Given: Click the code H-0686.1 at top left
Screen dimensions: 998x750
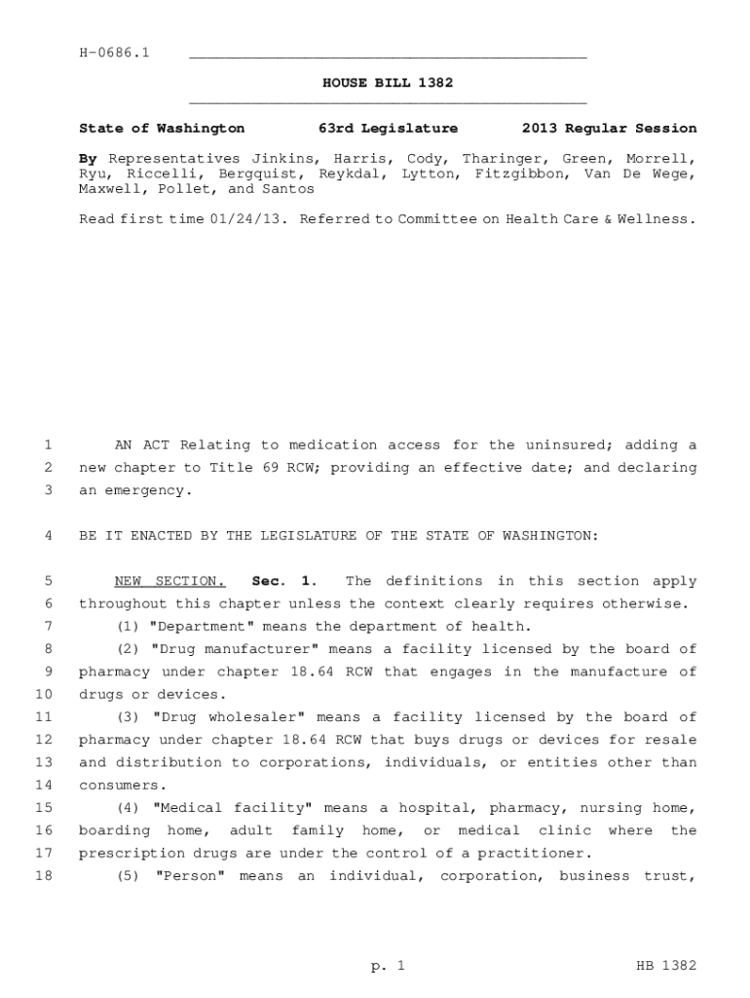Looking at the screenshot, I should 114,52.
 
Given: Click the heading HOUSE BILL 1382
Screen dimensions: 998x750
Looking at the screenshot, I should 388,83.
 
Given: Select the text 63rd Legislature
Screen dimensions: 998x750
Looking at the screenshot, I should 388,128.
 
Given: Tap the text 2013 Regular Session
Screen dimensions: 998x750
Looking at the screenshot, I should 609,128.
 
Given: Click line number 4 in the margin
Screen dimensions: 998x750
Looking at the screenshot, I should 48,536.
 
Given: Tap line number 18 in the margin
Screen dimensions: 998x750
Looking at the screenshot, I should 43,876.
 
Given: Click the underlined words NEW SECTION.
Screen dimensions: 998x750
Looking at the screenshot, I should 169,581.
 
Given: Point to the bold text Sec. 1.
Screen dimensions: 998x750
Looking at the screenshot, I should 282,581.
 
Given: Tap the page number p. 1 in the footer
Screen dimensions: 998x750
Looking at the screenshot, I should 387,966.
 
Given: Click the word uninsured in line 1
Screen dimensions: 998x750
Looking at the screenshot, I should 561,445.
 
